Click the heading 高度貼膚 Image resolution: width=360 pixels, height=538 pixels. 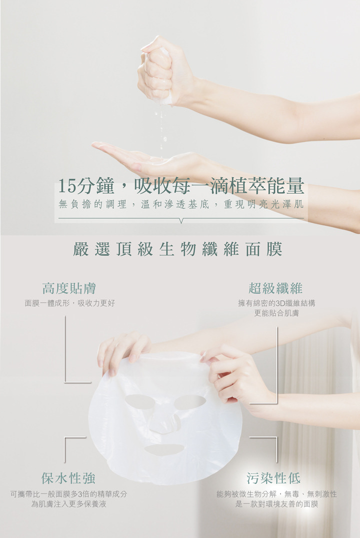(69, 288)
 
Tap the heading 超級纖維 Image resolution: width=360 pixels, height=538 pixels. (275, 288)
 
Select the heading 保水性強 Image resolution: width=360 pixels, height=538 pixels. (68, 478)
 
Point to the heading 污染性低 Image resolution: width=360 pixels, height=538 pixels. (273, 478)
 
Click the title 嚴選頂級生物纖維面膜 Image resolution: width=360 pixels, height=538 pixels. (177, 249)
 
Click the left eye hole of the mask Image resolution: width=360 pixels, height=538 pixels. (139, 401)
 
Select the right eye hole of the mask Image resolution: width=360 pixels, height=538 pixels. (190, 401)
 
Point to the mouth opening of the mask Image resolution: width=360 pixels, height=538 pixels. (164, 449)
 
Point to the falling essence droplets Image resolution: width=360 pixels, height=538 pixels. (161, 127)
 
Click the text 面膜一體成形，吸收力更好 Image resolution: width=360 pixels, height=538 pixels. (69, 303)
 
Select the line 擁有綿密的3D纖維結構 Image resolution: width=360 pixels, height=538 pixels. (276, 303)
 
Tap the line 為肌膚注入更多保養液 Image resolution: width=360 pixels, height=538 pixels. (68, 503)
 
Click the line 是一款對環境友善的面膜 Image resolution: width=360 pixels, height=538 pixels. (276, 503)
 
